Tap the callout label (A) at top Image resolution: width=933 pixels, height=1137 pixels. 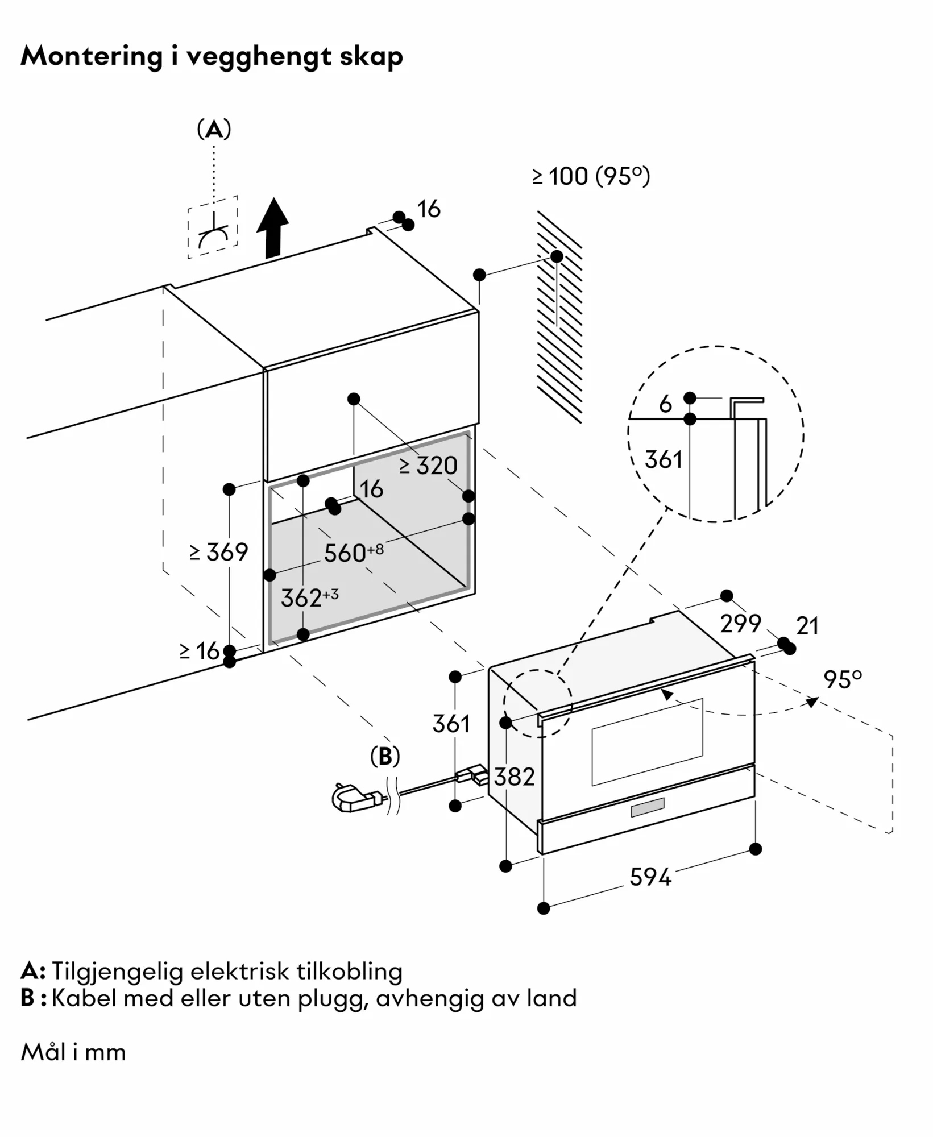(x=214, y=130)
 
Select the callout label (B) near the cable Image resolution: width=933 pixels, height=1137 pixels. (x=385, y=756)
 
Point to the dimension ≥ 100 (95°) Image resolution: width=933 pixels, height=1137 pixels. (x=591, y=176)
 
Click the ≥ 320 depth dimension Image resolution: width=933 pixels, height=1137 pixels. (x=429, y=466)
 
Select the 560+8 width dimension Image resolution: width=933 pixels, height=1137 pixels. (x=354, y=553)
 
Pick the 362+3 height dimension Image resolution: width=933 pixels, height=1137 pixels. (x=309, y=597)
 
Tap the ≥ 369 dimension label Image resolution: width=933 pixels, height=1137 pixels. (x=219, y=552)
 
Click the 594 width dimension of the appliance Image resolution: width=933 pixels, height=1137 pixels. (x=650, y=877)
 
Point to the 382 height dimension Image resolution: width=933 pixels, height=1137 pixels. (x=514, y=777)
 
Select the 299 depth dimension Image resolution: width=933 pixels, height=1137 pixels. (x=740, y=624)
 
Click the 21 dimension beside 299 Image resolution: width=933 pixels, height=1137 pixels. (x=807, y=626)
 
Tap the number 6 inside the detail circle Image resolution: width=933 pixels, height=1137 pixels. (x=665, y=404)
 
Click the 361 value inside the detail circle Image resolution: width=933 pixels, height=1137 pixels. (x=664, y=459)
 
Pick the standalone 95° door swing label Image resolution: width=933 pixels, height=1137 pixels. (x=843, y=679)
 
